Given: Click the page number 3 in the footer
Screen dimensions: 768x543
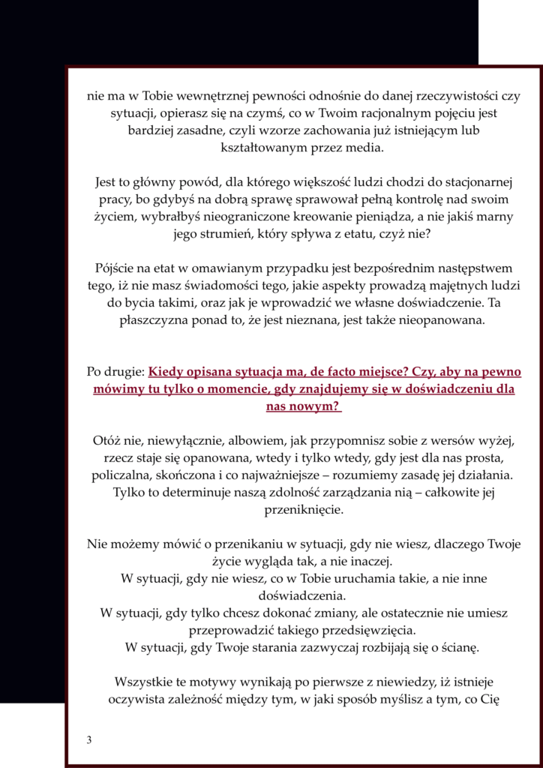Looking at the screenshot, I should [89, 740].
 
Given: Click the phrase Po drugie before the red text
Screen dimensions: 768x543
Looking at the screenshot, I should [115, 372].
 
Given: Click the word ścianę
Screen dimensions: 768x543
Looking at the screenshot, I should [460, 646].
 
